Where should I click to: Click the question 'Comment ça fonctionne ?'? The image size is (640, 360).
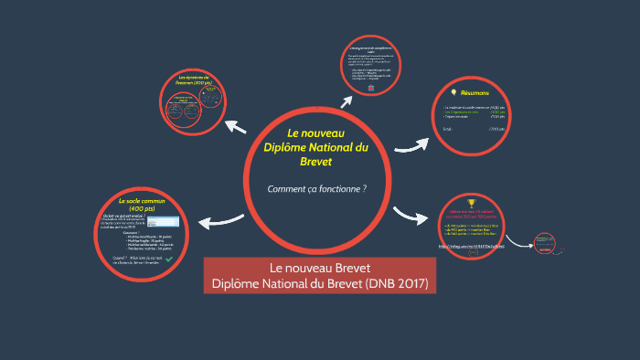point(316,189)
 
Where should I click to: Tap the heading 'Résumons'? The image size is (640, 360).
point(475,94)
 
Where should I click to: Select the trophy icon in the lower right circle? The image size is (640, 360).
point(472,203)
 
